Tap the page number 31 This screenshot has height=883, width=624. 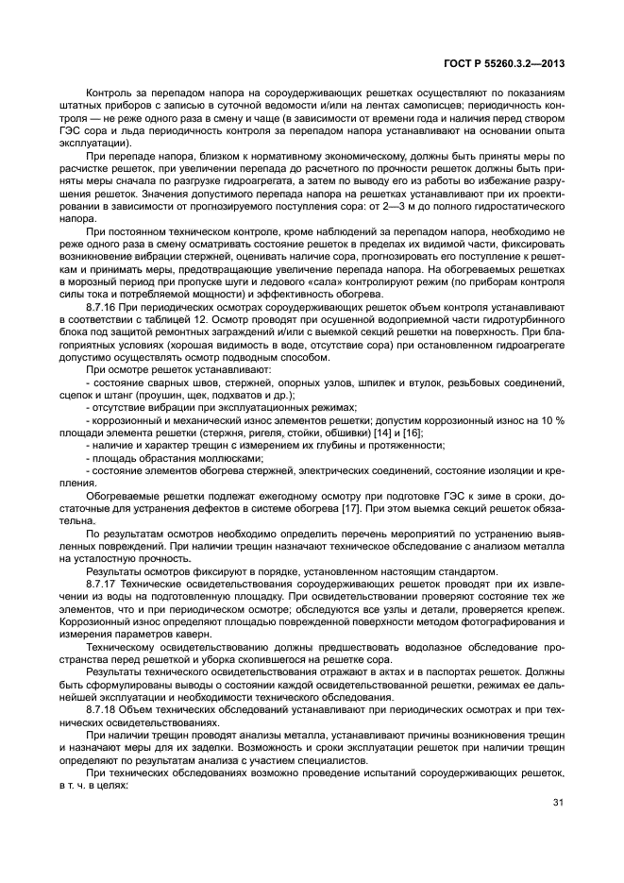point(558,803)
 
